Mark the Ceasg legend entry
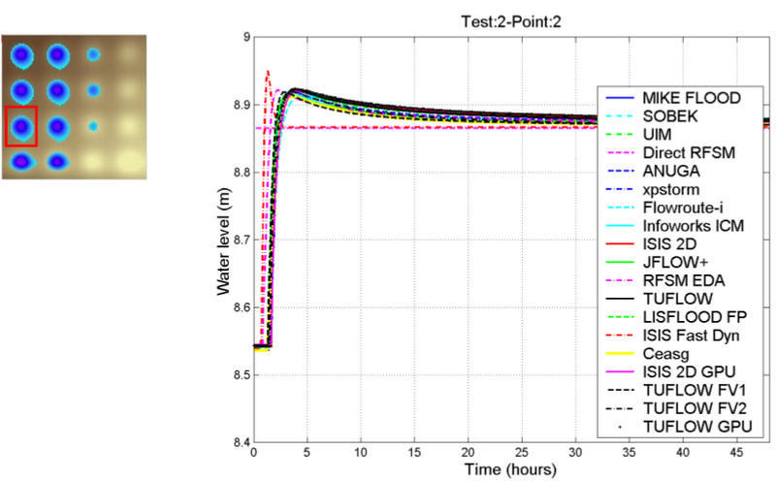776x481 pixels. tap(669, 354)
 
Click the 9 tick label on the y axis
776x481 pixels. tap(243, 37)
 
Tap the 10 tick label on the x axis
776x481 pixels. tap(361, 453)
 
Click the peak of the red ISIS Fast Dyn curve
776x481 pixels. tap(267, 71)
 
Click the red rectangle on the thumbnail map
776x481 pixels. tap(21, 126)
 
